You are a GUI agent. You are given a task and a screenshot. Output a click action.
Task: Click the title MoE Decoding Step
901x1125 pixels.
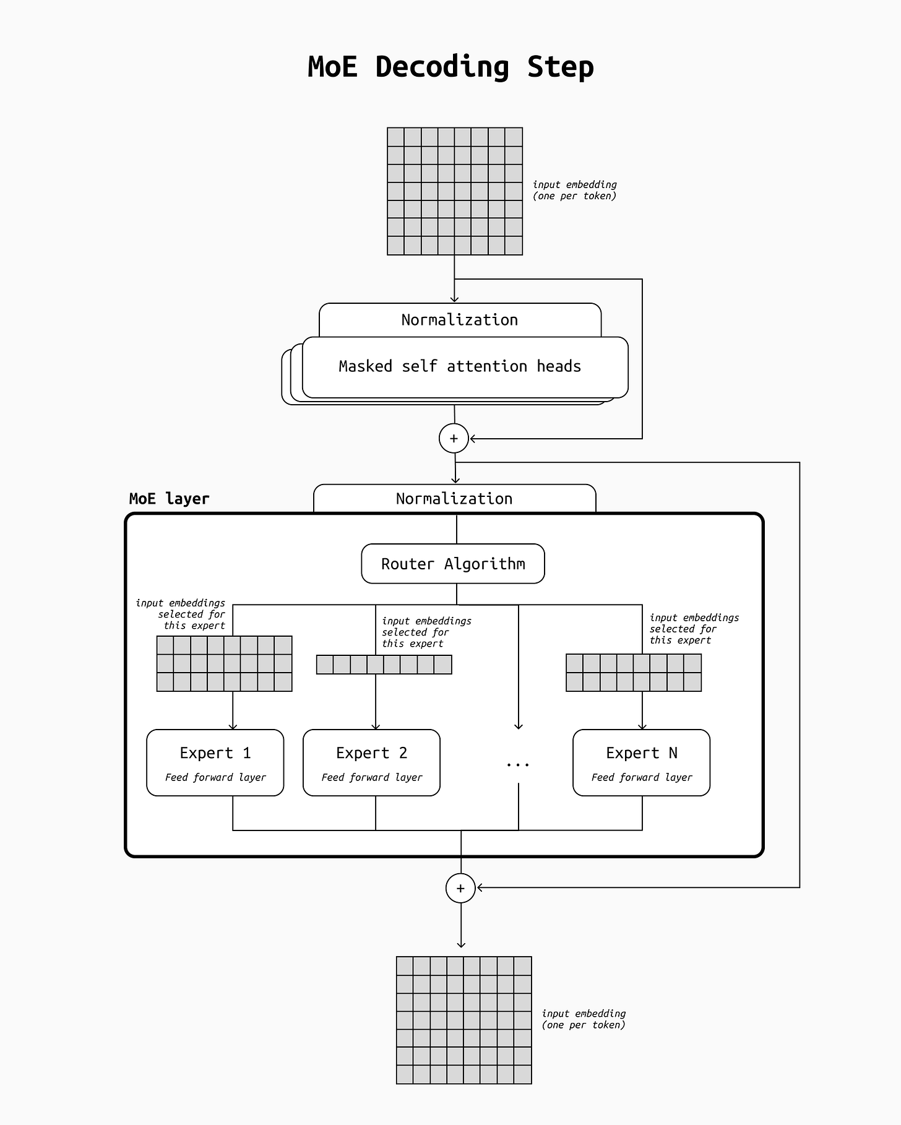click(x=450, y=67)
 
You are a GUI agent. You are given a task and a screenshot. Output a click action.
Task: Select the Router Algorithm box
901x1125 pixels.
click(x=453, y=564)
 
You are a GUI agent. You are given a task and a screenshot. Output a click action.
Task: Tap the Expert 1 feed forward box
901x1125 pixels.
click(x=215, y=762)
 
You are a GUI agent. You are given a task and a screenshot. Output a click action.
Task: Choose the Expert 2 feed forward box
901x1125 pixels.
click(x=371, y=762)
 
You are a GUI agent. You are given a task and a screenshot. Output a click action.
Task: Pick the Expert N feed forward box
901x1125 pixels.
click(x=642, y=762)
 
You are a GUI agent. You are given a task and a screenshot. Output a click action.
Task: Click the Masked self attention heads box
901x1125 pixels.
click(x=465, y=367)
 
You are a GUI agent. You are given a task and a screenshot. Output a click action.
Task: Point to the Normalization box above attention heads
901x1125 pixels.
click(x=460, y=320)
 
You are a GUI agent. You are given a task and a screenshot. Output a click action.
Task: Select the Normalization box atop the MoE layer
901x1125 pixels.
click(x=454, y=499)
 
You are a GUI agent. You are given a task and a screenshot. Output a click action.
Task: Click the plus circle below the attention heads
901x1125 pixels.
click(x=454, y=439)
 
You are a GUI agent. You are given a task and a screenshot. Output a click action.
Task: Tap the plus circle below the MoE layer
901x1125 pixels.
click(x=460, y=889)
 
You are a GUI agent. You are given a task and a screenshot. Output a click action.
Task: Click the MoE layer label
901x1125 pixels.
click(x=169, y=499)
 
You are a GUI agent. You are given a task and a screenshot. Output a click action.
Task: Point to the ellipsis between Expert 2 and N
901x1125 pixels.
click(x=518, y=765)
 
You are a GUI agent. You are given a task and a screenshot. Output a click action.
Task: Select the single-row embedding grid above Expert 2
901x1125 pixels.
click(x=384, y=665)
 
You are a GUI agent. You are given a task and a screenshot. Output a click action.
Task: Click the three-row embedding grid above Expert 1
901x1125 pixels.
click(x=225, y=663)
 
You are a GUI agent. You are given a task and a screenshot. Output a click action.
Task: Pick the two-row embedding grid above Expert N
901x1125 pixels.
click(x=634, y=673)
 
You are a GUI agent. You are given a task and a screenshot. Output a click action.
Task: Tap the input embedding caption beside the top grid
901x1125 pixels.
click(x=575, y=190)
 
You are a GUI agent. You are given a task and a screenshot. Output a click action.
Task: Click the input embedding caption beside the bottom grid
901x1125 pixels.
click(x=584, y=1019)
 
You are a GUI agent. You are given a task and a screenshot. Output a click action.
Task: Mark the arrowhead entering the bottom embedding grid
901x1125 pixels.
click(x=461, y=944)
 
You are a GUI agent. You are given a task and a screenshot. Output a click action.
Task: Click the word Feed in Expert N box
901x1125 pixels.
click(x=603, y=777)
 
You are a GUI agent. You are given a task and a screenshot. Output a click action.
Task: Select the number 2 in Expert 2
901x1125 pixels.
click(x=403, y=753)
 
